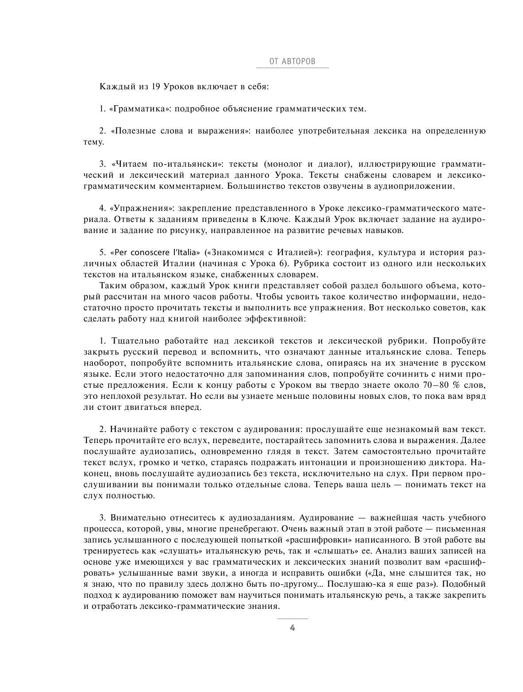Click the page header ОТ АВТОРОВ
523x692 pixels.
[292, 61]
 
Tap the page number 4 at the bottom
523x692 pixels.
[292, 628]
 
